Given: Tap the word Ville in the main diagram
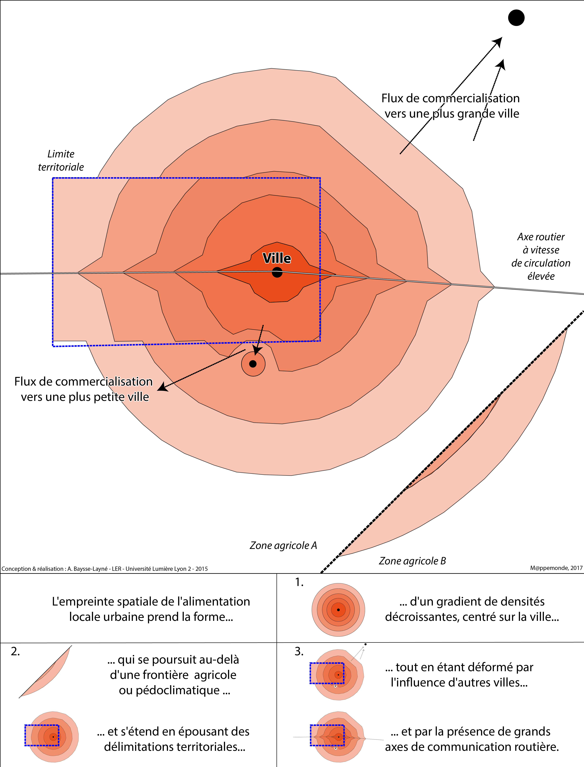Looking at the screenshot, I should pyautogui.click(x=277, y=258).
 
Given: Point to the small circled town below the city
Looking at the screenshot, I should pyautogui.click(x=253, y=364).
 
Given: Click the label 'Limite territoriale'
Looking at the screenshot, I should pyautogui.click(x=61, y=160).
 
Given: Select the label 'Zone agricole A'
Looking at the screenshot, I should pyautogui.click(x=283, y=545).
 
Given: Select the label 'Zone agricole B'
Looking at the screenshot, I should pyautogui.click(x=412, y=561).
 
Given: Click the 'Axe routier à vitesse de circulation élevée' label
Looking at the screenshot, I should pyautogui.click(x=541, y=256).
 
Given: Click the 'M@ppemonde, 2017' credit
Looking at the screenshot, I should pyautogui.click(x=556, y=568).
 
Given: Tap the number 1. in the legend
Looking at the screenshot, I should pyautogui.click(x=299, y=582).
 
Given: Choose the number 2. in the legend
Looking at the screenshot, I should pyautogui.click(x=15, y=651).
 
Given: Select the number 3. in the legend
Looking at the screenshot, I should pyautogui.click(x=299, y=651).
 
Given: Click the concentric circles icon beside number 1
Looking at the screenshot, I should pyautogui.click(x=338, y=609).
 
